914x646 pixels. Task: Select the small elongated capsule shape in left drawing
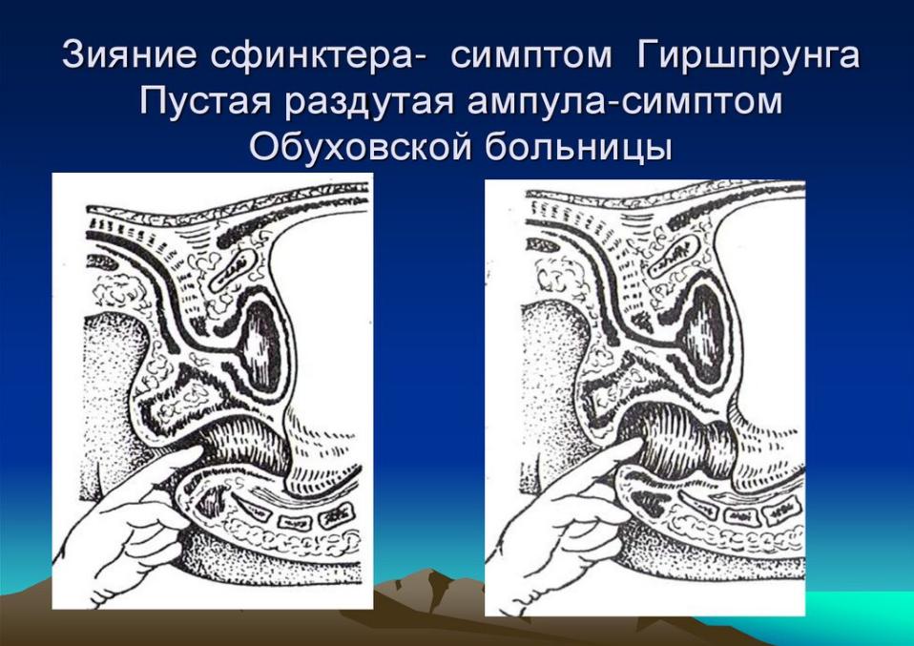(232, 268)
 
